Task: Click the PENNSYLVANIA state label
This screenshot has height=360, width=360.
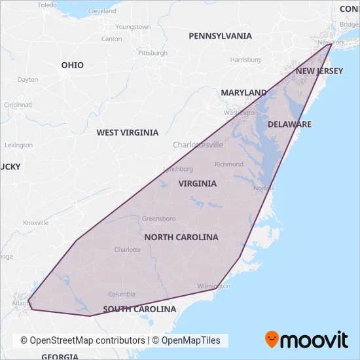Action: pyautogui.click(x=220, y=36)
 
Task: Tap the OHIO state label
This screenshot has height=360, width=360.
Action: pyautogui.click(x=73, y=65)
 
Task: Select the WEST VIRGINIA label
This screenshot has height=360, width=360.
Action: pyautogui.click(x=128, y=132)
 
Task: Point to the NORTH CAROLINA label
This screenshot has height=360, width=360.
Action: pyautogui.click(x=181, y=237)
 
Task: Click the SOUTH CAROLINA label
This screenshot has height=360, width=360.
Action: pyautogui.click(x=139, y=309)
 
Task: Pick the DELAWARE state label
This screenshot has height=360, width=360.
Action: pyautogui.click(x=289, y=124)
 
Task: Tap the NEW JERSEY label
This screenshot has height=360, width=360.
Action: pyautogui.click(x=319, y=71)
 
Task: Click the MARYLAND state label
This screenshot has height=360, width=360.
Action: pyautogui.click(x=243, y=93)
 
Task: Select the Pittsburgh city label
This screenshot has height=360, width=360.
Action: pyautogui.click(x=153, y=53)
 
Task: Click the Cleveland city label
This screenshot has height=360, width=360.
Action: pyautogui.click(x=102, y=11)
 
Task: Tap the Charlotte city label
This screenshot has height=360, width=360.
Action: pyautogui.click(x=128, y=250)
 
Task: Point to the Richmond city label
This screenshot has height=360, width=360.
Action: pyautogui.click(x=229, y=164)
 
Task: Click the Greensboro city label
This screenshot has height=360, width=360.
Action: pyautogui.click(x=160, y=219)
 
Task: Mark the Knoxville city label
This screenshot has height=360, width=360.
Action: pyautogui.click(x=36, y=223)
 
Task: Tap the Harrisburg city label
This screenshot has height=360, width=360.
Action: pyautogui.click(x=245, y=60)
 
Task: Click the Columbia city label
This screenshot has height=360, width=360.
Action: pyautogui.click(x=122, y=295)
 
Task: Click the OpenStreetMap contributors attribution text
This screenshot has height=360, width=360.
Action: pyautogui.click(x=82, y=340)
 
